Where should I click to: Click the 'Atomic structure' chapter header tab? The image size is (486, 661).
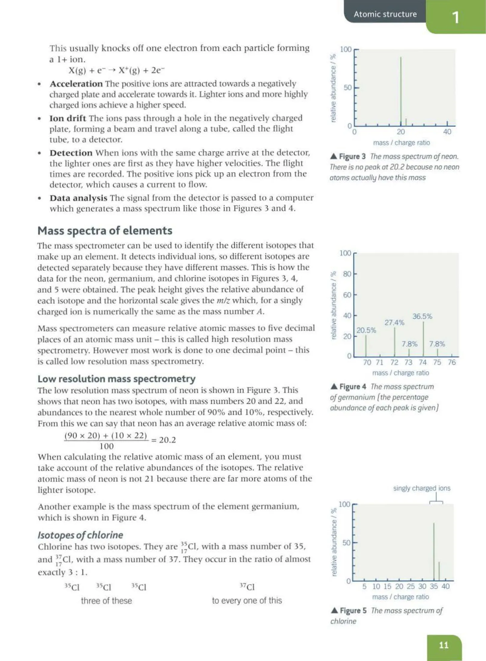point(385,14)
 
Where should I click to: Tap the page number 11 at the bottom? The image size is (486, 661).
point(444,645)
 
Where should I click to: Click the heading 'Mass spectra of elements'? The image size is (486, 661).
point(105,230)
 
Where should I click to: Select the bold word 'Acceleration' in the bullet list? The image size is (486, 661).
point(76,84)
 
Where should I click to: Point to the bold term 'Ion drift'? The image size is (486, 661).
point(68,118)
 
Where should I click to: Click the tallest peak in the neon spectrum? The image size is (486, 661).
point(401,90)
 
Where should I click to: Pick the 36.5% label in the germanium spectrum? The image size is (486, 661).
point(422,316)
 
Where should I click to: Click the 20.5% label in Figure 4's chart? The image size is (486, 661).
point(366,330)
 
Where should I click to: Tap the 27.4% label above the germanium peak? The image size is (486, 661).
point(394,322)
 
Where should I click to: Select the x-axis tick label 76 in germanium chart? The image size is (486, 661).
point(452,362)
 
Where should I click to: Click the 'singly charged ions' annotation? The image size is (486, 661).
point(422,488)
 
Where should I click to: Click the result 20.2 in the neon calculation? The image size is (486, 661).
point(167,440)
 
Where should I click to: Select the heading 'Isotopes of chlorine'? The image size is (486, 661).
point(80,535)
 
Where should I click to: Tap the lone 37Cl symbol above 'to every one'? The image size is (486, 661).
point(247,586)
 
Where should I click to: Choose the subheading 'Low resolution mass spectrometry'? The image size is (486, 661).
point(116,379)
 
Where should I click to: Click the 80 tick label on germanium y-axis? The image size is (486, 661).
point(347,274)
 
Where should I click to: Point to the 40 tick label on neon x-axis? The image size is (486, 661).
point(447,132)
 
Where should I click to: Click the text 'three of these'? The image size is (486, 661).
point(106,601)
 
